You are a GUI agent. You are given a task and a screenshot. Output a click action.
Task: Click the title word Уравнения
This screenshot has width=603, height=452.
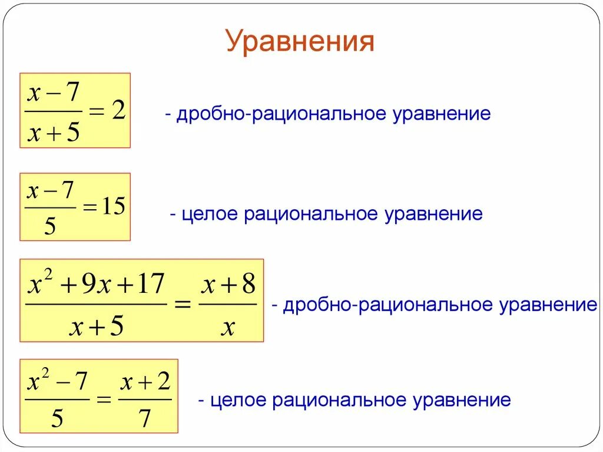(x=300, y=42)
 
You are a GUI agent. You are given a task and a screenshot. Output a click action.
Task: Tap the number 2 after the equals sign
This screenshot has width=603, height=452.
(x=118, y=110)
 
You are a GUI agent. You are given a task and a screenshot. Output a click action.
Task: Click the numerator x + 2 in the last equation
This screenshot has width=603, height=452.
(x=145, y=384)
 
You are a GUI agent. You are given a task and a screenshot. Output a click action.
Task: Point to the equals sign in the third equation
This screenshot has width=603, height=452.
(x=183, y=305)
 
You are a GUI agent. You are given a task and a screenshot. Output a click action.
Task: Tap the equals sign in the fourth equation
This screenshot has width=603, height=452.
(x=104, y=400)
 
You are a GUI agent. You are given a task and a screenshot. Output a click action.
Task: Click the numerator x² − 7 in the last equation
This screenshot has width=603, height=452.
(x=57, y=384)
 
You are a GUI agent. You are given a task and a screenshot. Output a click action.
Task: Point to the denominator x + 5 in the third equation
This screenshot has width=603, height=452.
(x=96, y=326)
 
